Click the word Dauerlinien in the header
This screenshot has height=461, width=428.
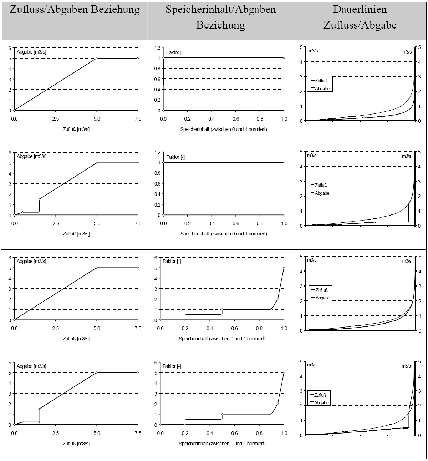(360, 9)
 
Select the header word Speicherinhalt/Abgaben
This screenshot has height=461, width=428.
(221, 9)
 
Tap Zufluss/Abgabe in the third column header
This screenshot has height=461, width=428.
(360, 25)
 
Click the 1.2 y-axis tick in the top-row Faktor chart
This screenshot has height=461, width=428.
(157, 47)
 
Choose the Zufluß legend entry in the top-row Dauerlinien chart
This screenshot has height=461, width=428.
(321, 81)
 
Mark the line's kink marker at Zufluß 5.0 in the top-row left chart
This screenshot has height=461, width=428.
(97, 58)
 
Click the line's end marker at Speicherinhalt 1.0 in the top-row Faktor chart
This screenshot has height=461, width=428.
(284, 58)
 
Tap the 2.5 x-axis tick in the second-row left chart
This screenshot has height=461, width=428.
(56, 224)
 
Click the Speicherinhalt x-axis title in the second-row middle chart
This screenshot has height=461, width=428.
(224, 234)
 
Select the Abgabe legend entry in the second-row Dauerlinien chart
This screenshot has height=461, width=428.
(322, 193)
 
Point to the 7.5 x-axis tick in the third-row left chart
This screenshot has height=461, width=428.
(138, 328)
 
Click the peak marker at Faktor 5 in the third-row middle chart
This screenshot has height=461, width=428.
(284, 268)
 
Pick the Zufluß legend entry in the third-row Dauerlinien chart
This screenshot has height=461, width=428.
(321, 290)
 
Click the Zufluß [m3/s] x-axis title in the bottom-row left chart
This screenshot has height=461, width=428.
(76, 444)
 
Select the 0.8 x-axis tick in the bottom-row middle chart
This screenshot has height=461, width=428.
(259, 433)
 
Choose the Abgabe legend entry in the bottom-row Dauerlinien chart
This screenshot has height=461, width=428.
(321, 402)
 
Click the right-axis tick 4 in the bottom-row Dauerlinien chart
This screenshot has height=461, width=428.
(420, 376)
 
